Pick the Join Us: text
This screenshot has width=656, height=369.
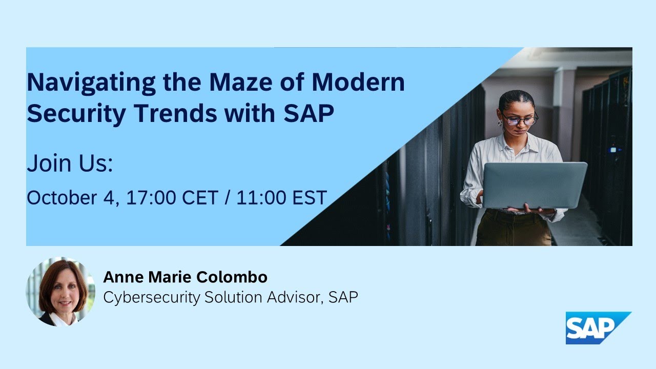pyautogui.click(x=70, y=165)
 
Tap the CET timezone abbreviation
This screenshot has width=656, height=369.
pyautogui.click(x=199, y=197)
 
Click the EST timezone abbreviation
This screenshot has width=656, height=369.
pyautogui.click(x=310, y=197)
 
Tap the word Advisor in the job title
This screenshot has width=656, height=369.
pyautogui.click(x=290, y=297)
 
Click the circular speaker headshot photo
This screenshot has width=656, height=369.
pyautogui.click(x=60, y=292)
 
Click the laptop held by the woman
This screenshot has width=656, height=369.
pyautogui.click(x=535, y=185)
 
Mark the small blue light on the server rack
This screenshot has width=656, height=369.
pyautogui.click(x=612, y=150)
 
